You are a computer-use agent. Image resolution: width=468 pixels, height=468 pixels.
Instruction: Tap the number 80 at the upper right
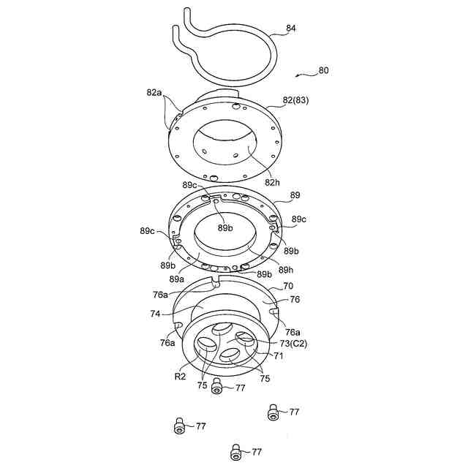[323, 71]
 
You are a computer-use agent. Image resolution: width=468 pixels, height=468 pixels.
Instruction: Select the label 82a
[154, 93]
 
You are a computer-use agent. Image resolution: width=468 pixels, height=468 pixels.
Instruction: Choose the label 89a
[175, 279]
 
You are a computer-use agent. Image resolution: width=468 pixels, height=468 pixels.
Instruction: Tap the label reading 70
[287, 286]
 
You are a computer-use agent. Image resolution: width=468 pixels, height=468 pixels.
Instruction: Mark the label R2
[179, 377]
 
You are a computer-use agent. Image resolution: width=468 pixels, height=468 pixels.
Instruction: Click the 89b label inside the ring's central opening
[225, 227]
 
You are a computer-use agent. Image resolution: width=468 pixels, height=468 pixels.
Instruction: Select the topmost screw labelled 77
[217, 385]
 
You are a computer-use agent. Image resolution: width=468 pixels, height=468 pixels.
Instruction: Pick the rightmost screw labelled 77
[273, 412]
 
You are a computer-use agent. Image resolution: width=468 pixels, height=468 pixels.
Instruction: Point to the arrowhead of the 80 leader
[295, 75]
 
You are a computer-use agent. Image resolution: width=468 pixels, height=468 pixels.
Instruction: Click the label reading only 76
[295, 298]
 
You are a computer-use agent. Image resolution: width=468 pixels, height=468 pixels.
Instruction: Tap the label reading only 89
[295, 196]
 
